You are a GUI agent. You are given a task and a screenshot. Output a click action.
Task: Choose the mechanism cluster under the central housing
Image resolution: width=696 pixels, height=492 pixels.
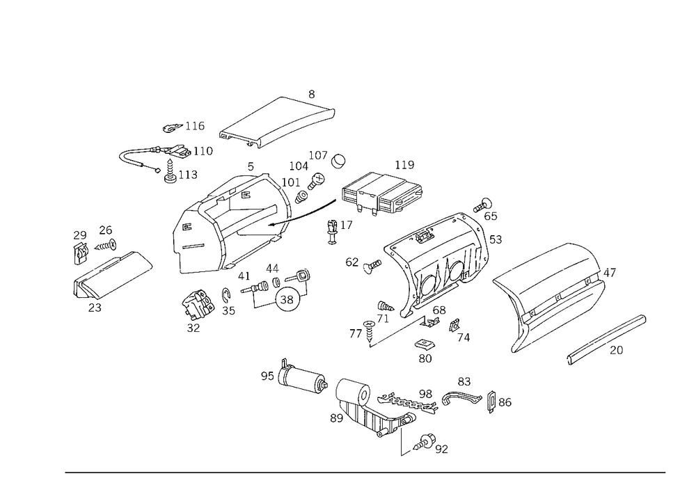[278, 289]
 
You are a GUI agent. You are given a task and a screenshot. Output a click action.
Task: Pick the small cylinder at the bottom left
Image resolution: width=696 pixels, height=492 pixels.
[303, 379]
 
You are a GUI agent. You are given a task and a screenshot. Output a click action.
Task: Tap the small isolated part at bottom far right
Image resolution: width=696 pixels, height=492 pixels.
[500, 402]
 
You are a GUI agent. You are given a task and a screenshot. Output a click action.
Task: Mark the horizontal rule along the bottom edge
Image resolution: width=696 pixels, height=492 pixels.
[365, 472]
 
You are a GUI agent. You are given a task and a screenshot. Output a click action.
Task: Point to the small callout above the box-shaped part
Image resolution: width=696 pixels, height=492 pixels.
[404, 166]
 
